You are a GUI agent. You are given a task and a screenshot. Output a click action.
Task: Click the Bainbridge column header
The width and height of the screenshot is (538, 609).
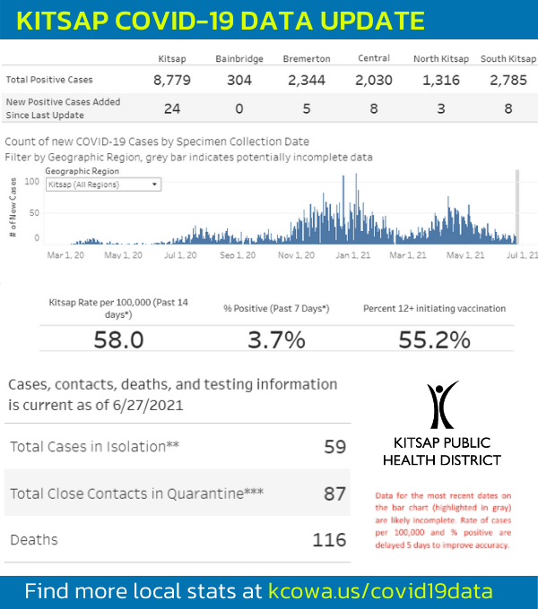point(239,59)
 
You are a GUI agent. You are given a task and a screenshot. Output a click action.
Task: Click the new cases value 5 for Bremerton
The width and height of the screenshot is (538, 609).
point(307,108)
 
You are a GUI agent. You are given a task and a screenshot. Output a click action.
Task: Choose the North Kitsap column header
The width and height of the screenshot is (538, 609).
point(440,59)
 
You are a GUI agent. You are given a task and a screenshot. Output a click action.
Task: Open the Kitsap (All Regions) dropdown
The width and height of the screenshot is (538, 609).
point(103,184)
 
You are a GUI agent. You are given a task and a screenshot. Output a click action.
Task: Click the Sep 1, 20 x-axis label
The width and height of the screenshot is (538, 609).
point(238,255)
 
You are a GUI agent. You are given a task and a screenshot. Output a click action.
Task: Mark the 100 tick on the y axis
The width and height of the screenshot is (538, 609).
point(33,182)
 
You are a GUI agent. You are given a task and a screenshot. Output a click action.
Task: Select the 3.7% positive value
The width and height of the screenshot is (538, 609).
point(276,339)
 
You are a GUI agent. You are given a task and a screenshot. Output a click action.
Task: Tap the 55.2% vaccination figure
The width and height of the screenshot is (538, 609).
point(434,339)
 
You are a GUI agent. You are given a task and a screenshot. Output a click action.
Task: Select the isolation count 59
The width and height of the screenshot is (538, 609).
point(334,446)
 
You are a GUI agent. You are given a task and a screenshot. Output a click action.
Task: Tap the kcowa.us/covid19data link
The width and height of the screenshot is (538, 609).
point(380,592)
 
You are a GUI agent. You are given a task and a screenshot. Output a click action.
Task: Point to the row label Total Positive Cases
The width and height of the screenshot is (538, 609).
point(49,81)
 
